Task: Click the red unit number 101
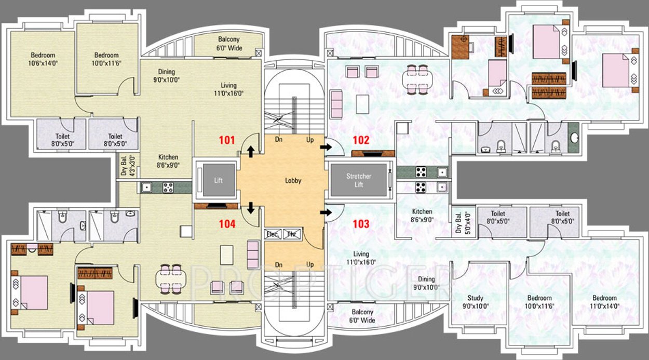coord(227,140)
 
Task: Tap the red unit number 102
coord(361,140)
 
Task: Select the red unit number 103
coord(361,224)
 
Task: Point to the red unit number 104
coord(227,224)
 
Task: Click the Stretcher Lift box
coord(359,180)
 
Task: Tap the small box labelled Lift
coord(218,180)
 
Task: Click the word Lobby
coord(293,181)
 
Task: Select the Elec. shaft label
coord(273,234)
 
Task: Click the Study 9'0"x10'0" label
coord(475,302)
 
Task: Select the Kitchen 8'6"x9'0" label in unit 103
coord(422,216)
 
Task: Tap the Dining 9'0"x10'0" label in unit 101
coord(166,76)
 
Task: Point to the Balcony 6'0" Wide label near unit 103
coord(362,316)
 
